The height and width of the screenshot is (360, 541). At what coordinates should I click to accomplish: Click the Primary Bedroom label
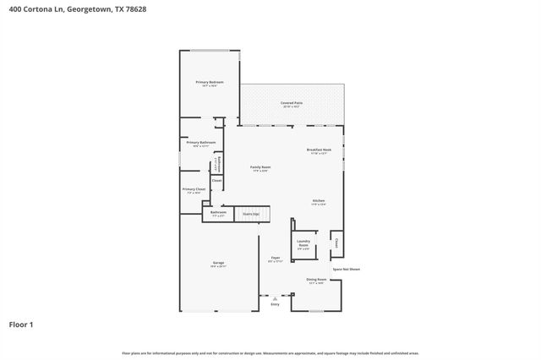pyautogui.click(x=209, y=83)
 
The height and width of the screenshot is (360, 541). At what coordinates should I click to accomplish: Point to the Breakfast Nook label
pyautogui.click(x=319, y=150)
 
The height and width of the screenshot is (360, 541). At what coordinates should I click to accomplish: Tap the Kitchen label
pyautogui.click(x=318, y=202)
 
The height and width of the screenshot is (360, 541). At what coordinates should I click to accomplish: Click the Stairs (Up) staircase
pyautogui.click(x=252, y=214)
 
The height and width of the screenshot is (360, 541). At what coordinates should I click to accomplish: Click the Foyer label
pyautogui.click(x=275, y=259)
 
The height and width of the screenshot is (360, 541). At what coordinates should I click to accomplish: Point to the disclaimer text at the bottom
pyautogui.click(x=270, y=353)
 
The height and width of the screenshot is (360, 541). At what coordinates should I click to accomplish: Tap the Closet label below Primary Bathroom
pyautogui.click(x=216, y=181)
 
